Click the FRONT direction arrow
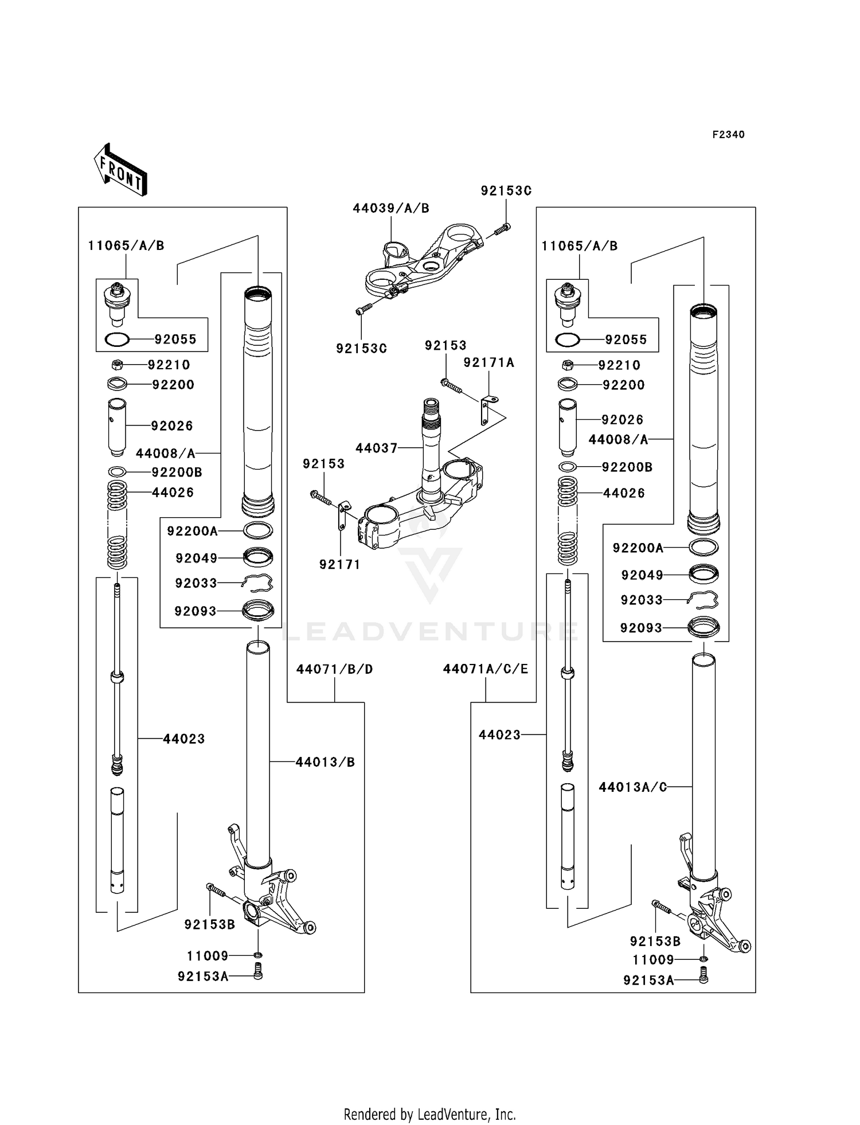[121, 170]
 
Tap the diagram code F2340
[728, 135]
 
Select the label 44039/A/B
[390, 208]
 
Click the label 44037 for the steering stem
[376, 448]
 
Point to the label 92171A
[488, 362]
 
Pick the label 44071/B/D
[334, 669]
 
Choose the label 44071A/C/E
[485, 669]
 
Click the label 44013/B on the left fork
[325, 762]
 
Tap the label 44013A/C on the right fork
[632, 787]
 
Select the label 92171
[339, 565]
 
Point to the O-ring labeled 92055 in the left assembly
[117, 339]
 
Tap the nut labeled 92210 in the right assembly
[568, 365]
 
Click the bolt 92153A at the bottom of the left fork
[257, 971]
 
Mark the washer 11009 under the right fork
[703, 959]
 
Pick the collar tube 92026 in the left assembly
[117, 427]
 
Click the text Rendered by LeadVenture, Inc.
[429, 1115]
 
